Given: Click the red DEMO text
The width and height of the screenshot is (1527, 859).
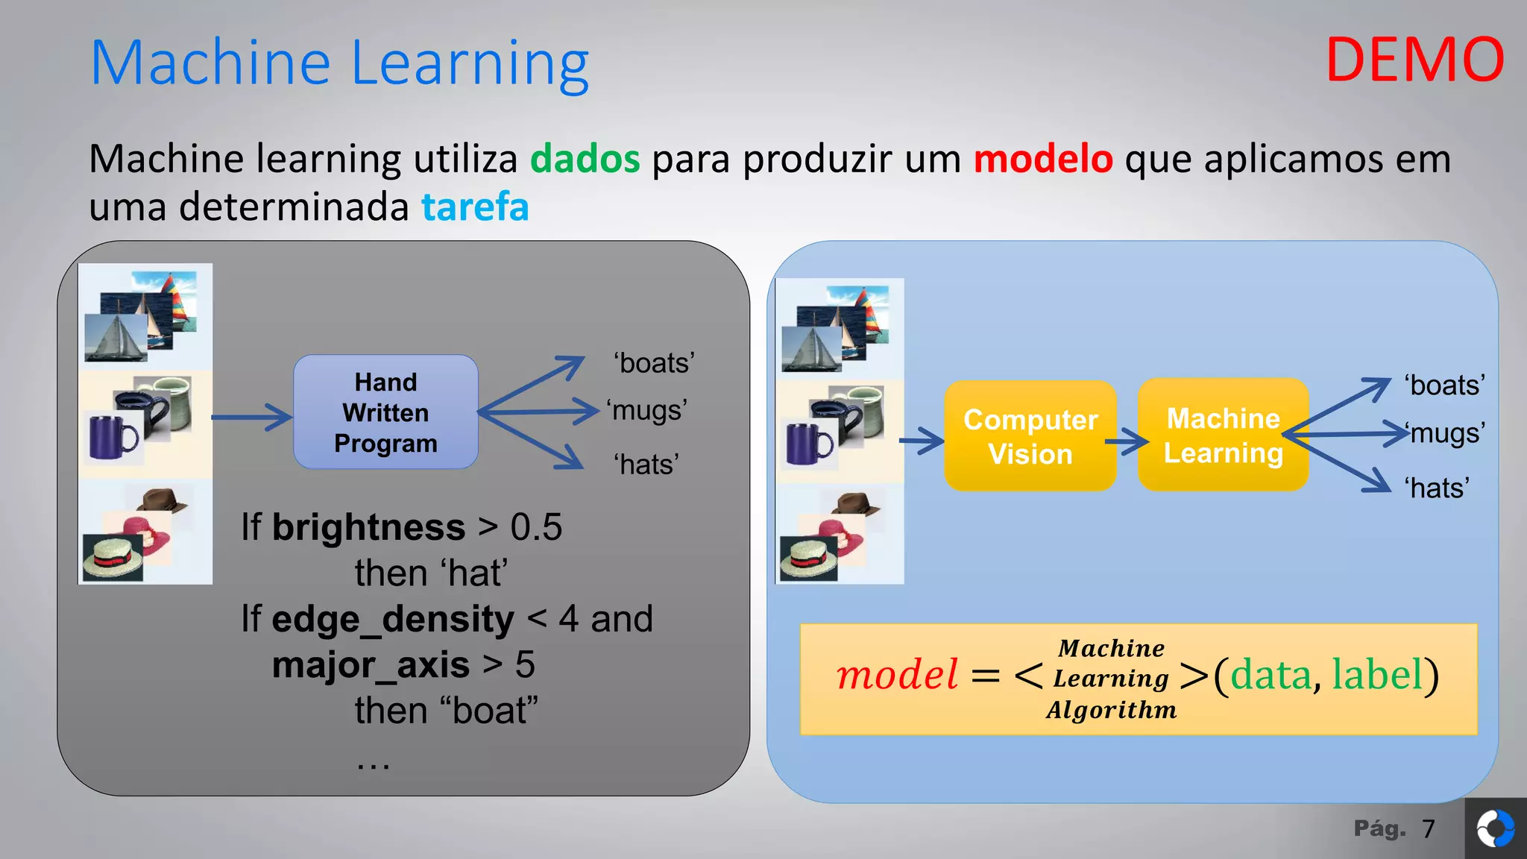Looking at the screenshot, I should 1414,60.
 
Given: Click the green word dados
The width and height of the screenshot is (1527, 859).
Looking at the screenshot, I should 585,159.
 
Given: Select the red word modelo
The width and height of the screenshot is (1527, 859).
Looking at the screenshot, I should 1042,159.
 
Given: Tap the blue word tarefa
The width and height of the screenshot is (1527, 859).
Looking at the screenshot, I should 475,207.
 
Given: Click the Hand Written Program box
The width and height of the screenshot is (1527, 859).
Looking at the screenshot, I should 385,412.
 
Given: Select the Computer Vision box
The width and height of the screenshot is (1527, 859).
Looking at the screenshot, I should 1030,436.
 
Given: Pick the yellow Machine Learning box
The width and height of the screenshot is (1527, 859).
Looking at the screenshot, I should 1223,435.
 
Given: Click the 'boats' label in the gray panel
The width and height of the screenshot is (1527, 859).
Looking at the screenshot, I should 654,363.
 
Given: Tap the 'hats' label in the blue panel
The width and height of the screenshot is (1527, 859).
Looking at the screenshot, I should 1437,488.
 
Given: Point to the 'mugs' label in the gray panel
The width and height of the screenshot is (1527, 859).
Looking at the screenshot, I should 646,411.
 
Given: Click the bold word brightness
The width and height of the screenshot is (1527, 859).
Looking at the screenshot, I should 368,527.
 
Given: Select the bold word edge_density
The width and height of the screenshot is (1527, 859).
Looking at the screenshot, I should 393,619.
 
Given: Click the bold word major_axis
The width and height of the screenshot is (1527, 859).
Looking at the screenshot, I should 371,664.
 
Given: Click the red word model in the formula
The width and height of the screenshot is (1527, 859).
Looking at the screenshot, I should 897,675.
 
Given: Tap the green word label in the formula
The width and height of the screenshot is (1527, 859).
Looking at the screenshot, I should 1377,675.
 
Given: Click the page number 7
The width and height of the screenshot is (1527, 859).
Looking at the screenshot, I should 1428,828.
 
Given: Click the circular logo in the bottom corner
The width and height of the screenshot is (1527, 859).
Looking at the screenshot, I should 1495,828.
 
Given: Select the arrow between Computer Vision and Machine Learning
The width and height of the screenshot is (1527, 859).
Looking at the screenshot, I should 1127,441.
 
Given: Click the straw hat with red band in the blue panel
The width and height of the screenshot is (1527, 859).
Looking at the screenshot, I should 807,558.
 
